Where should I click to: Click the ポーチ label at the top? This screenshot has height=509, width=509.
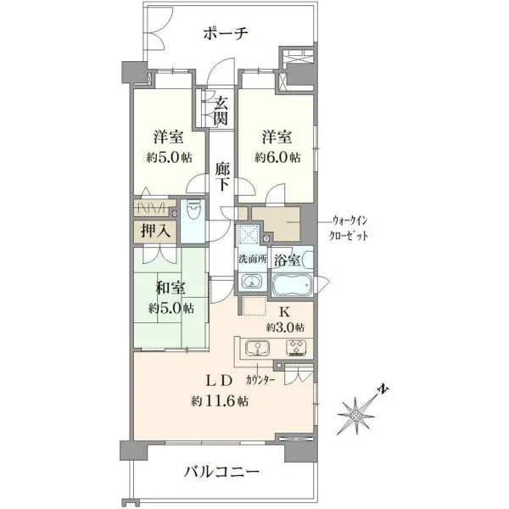(226, 33)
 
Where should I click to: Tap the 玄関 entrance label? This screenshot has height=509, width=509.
(221, 111)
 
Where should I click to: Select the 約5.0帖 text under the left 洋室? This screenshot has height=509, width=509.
(169, 158)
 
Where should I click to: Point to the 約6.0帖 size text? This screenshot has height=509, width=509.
(277, 158)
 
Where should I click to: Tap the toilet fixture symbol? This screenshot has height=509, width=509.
(193, 212)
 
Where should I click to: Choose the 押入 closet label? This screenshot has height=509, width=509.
(155, 231)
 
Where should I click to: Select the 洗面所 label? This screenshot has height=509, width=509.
(253, 260)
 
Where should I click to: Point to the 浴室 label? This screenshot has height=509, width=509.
(287, 260)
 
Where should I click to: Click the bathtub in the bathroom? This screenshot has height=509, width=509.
(292, 285)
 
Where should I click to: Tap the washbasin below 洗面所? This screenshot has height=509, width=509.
(252, 282)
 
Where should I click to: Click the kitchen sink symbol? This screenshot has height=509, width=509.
(257, 349)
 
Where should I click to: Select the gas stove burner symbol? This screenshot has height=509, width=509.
(298, 349)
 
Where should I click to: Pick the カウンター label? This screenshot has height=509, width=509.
(260, 380)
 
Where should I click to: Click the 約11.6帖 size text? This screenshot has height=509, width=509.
(220, 401)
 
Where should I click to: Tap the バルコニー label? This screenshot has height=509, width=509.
(221, 472)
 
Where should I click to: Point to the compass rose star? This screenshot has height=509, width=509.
(355, 416)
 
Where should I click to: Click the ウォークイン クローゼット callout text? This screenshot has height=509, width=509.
(349, 228)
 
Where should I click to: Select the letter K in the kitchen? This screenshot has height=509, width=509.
(285, 312)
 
